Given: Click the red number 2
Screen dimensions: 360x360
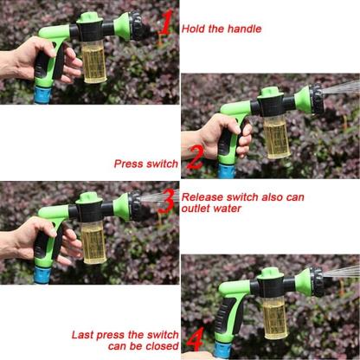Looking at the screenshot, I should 196,158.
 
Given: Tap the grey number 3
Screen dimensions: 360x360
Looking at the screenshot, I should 166,202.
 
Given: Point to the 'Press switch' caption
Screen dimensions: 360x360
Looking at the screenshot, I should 145,162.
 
